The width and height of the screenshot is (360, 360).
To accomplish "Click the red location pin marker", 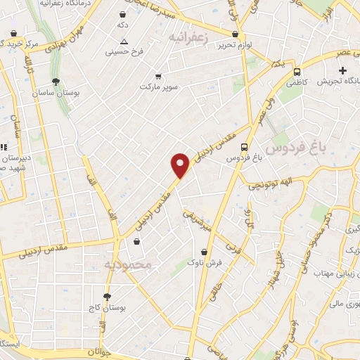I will [181, 165].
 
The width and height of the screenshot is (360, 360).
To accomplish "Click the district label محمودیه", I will [127, 264].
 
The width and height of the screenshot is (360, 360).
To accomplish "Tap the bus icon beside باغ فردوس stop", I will [244, 147].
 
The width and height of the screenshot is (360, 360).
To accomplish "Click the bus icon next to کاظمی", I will [297, 71].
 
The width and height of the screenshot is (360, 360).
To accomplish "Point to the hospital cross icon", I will [342, 70].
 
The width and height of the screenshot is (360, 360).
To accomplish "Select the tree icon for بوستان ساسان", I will [56, 82].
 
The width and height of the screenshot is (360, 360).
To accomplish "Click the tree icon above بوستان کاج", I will [106, 297].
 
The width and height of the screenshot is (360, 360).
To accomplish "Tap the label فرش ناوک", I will [205, 262].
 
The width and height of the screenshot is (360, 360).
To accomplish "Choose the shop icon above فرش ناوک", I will [205, 251].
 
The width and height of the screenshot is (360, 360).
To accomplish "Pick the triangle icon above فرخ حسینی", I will [124, 41].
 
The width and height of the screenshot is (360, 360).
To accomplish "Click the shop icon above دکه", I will [123, 14].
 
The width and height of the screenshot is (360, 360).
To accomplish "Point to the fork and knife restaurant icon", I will [3, 147].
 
